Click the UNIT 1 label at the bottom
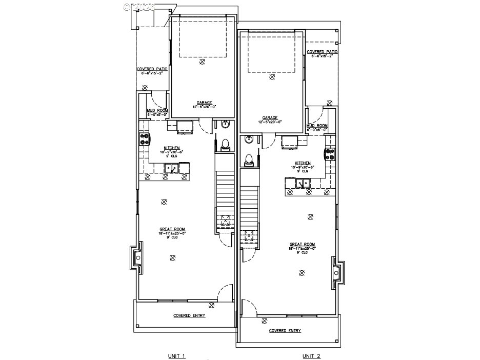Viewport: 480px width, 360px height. [x=176, y=356]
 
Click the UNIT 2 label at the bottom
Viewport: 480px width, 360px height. [x=311, y=356]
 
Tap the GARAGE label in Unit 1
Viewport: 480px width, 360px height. [x=204, y=103]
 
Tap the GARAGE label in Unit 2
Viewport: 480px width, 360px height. [x=270, y=117]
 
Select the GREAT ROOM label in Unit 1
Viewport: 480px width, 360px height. [x=167, y=229]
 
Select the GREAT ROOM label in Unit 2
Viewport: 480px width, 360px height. [x=302, y=244]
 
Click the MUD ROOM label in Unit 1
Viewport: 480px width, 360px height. [x=157, y=111]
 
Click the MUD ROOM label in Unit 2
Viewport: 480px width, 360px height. [x=317, y=126]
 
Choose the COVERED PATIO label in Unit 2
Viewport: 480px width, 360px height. [x=322, y=52]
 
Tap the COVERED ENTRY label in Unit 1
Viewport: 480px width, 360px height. [x=189, y=315]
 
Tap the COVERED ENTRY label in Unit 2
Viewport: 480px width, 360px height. [x=285, y=331]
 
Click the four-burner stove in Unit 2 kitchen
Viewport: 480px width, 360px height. [x=329, y=153]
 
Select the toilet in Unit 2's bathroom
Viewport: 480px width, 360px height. [x=249, y=159]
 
